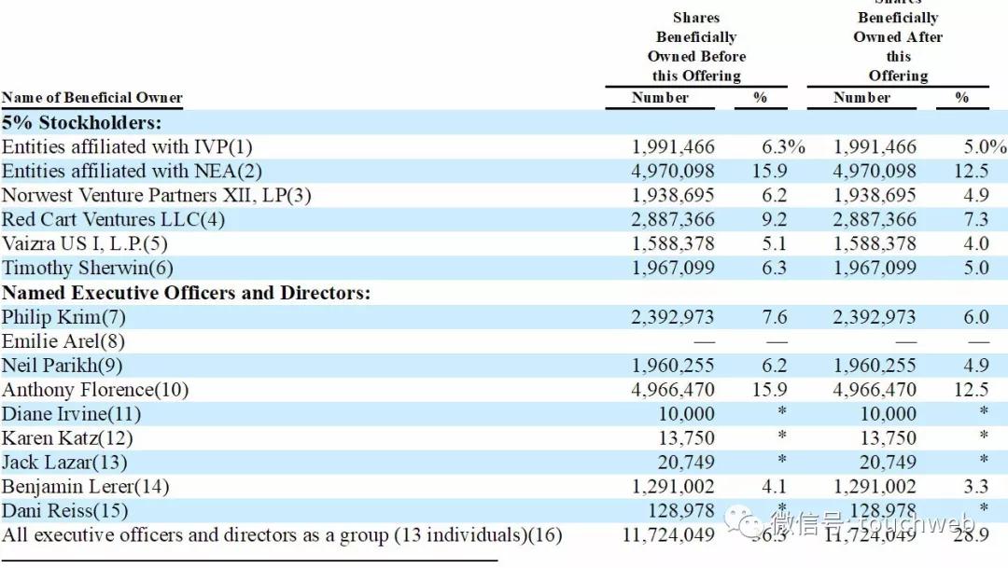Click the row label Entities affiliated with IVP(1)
pyautogui.click(x=127, y=147)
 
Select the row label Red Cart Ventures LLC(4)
pyautogui.click(x=113, y=220)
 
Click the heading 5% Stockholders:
pyautogui.click(x=81, y=123)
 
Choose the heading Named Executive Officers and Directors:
pyautogui.click(x=186, y=293)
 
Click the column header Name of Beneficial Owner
pyautogui.click(x=91, y=98)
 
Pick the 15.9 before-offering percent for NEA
pyautogui.click(x=770, y=172)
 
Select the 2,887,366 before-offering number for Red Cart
pyautogui.click(x=672, y=220)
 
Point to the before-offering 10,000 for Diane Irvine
pyautogui.click(x=686, y=414)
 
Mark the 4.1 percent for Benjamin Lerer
pyautogui.click(x=775, y=487)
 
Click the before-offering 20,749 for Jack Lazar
pyautogui.click(x=686, y=463)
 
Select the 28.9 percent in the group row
pyautogui.click(x=971, y=535)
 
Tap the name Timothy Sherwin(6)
pyautogui.click(x=88, y=269)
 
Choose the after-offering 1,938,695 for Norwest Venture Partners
pyautogui.click(x=875, y=196)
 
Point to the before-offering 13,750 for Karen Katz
pyautogui.click(x=686, y=438)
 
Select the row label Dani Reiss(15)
pyautogui.click(x=64, y=511)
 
